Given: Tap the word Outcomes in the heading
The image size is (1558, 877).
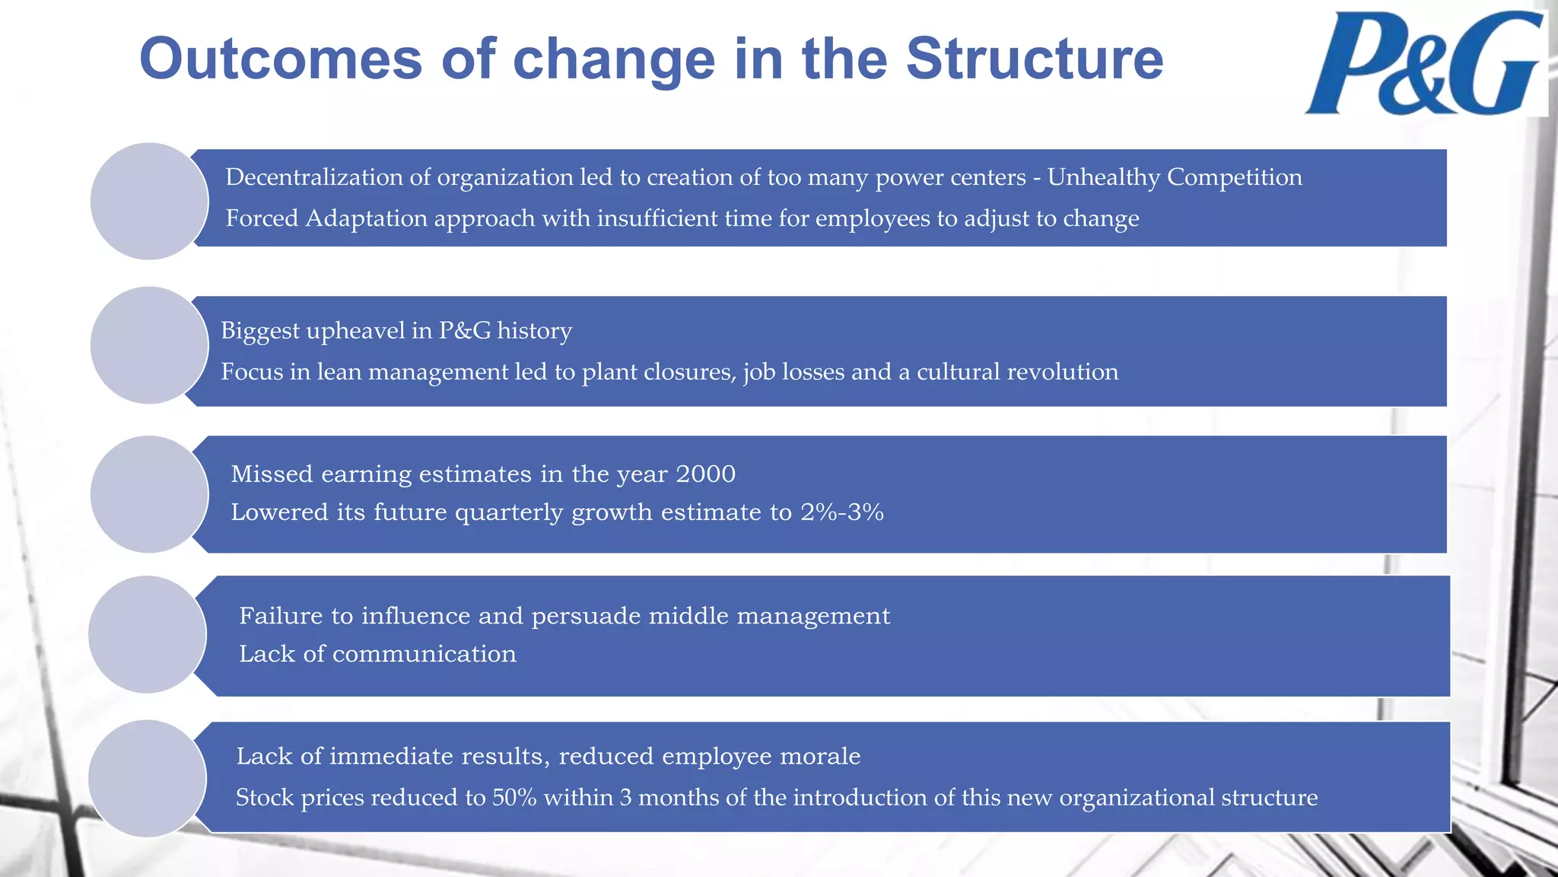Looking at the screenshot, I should point(280,59).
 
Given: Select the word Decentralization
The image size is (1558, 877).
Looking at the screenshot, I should point(314,177).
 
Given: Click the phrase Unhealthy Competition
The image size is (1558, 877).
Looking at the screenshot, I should point(1174,177).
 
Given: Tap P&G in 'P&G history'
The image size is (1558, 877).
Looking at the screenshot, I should point(465,330).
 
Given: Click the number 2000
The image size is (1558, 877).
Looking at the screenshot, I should point(705,474).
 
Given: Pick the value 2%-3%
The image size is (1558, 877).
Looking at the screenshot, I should point(841,512).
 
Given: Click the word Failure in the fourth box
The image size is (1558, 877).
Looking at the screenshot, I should point(278,616).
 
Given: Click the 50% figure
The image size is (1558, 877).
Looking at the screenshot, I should point(514,798).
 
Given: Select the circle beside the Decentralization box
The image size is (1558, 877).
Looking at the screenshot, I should point(149,201).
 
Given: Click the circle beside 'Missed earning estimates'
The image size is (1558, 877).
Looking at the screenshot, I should point(149,494).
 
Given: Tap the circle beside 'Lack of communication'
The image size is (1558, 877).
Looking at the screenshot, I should point(148,634).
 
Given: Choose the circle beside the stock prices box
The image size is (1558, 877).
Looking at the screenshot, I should point(148,778).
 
